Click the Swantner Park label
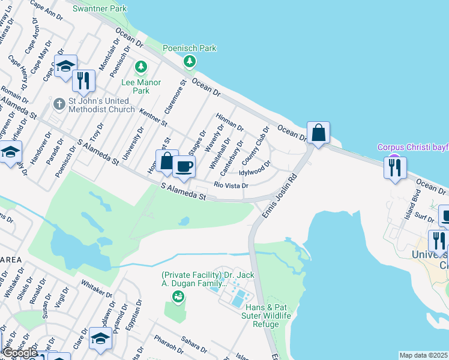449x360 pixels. [99, 9]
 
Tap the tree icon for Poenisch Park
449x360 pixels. [190, 61]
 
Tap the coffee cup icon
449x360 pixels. [184, 166]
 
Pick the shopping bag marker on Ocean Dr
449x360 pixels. [318, 132]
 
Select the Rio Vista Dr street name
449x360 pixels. [231, 185]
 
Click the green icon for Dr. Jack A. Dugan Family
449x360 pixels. [178, 296]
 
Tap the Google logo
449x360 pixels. [20, 353]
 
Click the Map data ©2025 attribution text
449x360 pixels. [424, 355]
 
